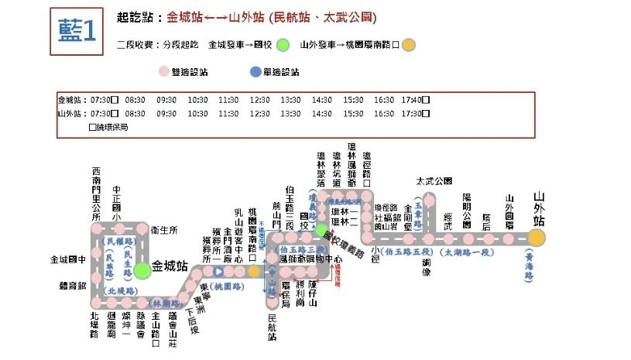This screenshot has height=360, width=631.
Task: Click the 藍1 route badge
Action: pyautogui.click(x=77, y=31)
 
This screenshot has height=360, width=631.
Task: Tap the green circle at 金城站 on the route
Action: pyautogui.click(x=142, y=270)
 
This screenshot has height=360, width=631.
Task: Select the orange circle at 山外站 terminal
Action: pyautogui.click(x=537, y=237)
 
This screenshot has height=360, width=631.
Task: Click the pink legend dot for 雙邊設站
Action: pyautogui.click(x=163, y=72)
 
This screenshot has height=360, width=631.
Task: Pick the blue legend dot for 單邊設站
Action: pyautogui.click(x=255, y=72)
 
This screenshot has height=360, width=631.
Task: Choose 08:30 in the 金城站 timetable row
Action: pyautogui.click(x=135, y=100)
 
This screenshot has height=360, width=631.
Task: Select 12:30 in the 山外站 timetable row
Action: pyautogui.click(x=259, y=113)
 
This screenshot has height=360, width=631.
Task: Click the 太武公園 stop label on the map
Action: pyautogui.click(x=433, y=181)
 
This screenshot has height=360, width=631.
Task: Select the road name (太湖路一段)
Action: pyautogui.click(x=467, y=252)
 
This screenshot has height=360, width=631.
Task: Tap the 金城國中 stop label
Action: pyautogui.click(x=67, y=260)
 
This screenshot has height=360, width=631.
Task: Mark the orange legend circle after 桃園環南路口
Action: pyautogui.click(x=409, y=45)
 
